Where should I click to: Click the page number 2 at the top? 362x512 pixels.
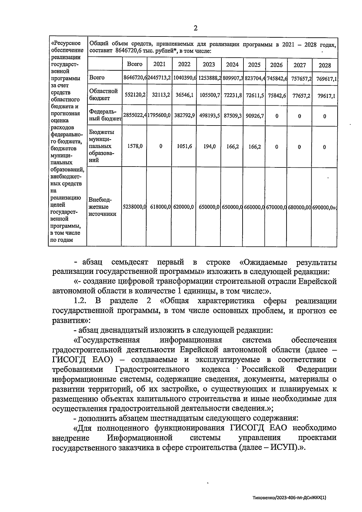[x=195, y=28]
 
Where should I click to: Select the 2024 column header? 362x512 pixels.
[x=232, y=64]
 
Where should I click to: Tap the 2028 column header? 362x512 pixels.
[x=325, y=65]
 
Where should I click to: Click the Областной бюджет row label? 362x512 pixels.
[x=103, y=94]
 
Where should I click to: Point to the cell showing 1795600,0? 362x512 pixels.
[x=159, y=115]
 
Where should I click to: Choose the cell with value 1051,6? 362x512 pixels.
[x=184, y=146]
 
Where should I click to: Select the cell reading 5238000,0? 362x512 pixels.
[x=134, y=207]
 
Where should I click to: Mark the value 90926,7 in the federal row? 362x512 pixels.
[x=255, y=115]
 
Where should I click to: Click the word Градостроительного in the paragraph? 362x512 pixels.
[x=152, y=369]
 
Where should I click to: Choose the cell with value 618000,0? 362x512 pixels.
[x=159, y=207]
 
